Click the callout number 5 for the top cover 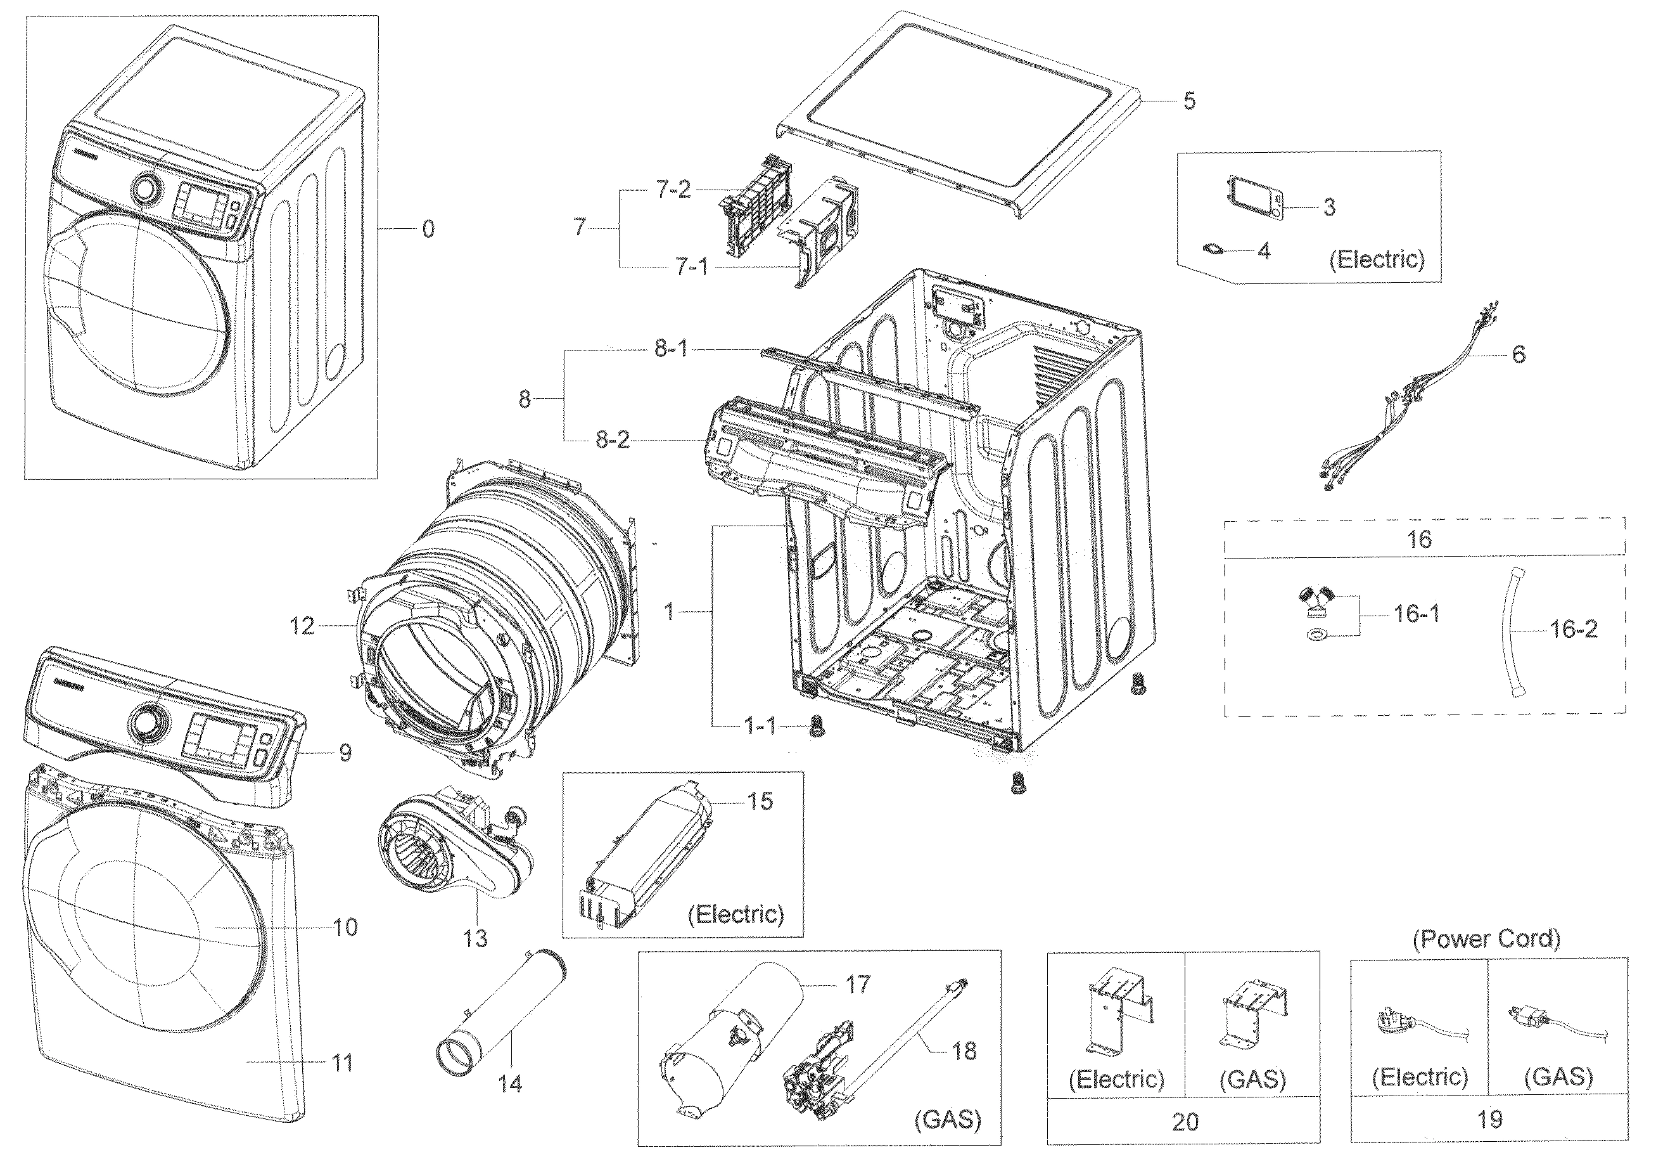pos(1189,101)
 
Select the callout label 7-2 pos(673,190)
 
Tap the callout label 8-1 pos(672,349)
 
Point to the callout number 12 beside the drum pos(302,626)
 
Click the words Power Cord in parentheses pos(1486,939)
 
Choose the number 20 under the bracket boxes pos(1185,1122)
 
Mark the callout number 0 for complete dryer pos(428,230)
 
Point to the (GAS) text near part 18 pos(947,1119)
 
